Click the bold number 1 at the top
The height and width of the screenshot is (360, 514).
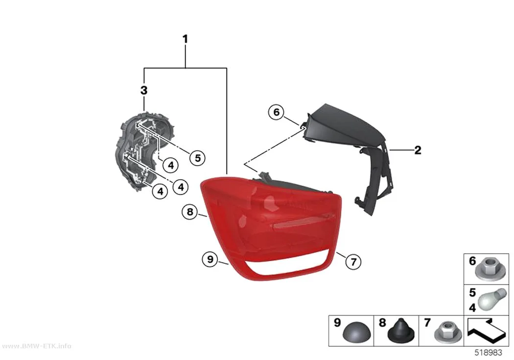tap(185, 39)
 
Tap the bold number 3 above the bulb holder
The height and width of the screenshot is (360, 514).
tap(144, 90)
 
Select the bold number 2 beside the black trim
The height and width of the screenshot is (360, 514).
tap(418, 150)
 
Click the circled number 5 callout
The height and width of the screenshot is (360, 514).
tap(197, 158)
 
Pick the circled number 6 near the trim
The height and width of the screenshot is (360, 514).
tap(277, 112)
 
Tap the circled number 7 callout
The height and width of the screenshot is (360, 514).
tap(353, 262)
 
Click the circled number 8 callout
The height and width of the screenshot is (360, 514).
tap(190, 212)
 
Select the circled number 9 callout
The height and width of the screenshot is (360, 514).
tap(210, 259)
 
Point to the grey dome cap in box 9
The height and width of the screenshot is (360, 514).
tap(357, 333)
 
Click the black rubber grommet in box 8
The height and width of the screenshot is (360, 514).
tap(401, 330)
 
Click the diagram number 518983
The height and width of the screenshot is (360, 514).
tap(489, 353)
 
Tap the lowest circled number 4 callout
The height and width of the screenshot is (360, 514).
tap(160, 191)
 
